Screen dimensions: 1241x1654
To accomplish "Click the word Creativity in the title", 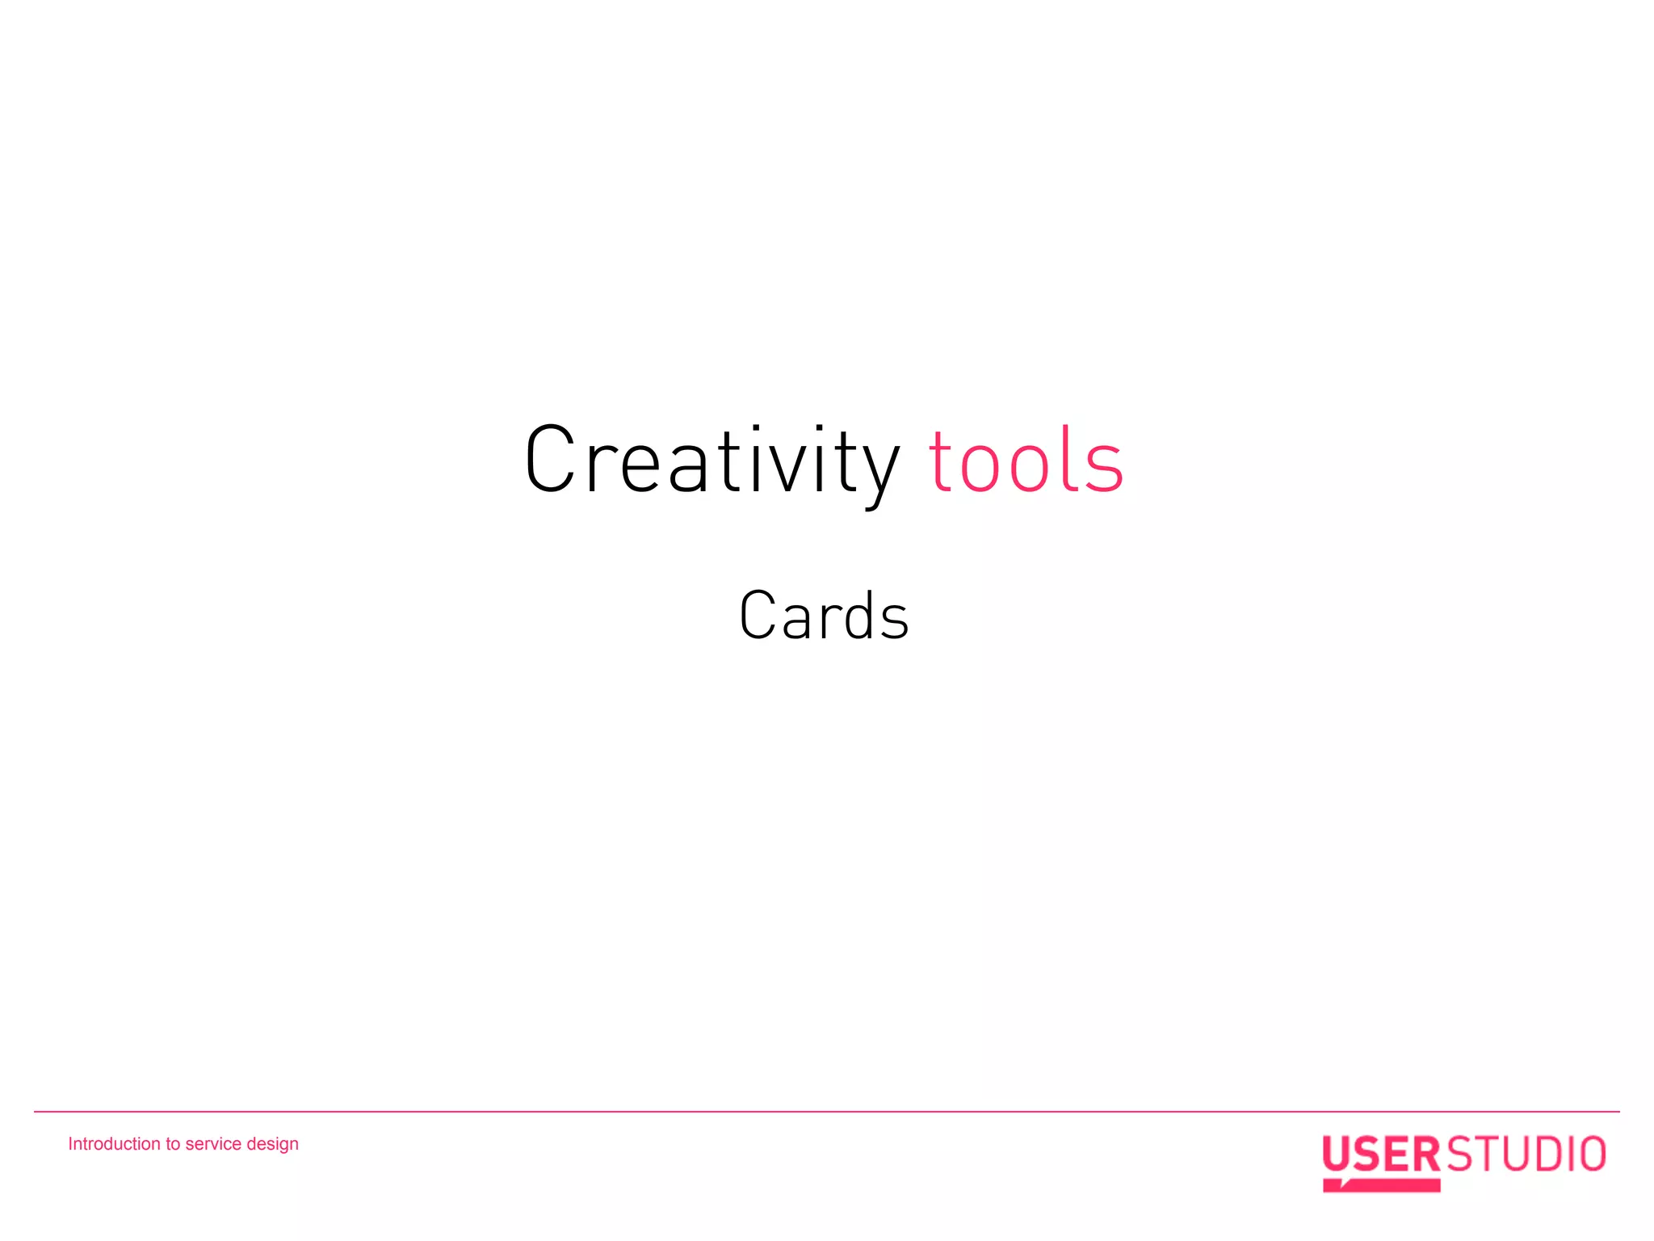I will (x=711, y=461).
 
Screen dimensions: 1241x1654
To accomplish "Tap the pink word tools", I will (x=1026, y=461).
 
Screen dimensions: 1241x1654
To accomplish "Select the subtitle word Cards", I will (x=824, y=616).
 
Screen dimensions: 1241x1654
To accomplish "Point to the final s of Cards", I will (x=894, y=620).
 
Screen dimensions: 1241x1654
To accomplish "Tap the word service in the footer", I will (x=213, y=1143).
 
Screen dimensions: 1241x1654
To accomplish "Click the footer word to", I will (x=173, y=1143).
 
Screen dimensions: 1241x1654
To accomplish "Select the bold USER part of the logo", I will (x=1381, y=1154).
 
